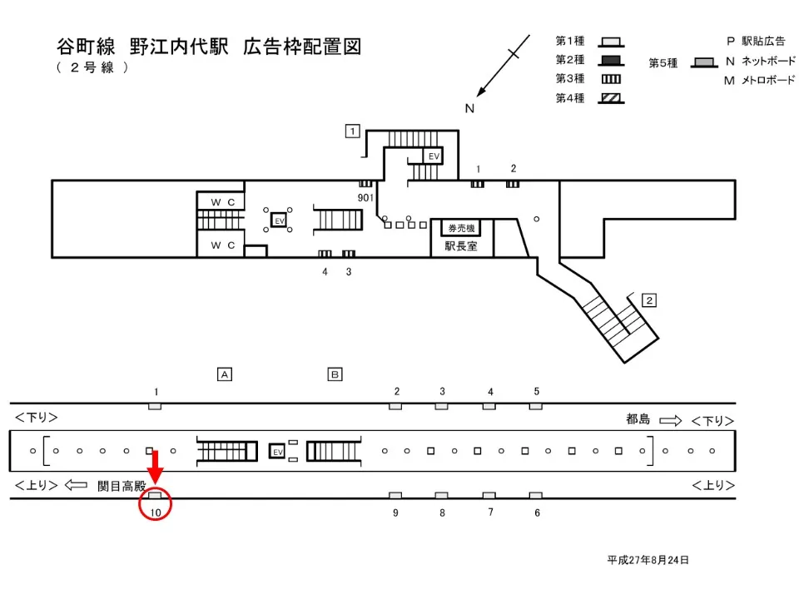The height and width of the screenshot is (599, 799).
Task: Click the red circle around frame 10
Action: click(155, 505)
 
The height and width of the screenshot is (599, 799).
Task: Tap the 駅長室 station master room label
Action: click(461, 246)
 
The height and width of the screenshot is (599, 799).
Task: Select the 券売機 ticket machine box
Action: click(461, 228)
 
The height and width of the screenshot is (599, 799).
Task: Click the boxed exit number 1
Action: click(353, 131)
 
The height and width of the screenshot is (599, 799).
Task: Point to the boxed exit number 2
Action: click(650, 299)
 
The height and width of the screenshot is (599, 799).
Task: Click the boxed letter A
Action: click(224, 374)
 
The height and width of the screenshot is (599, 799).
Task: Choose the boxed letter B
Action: click(335, 374)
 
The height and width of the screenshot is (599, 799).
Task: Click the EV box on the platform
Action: click(279, 451)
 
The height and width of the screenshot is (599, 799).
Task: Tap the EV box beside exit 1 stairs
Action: click(434, 156)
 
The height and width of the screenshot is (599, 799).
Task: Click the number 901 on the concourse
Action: click(365, 197)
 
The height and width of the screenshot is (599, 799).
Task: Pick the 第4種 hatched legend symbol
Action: click(612, 98)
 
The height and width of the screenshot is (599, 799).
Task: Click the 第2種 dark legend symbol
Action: click(612, 60)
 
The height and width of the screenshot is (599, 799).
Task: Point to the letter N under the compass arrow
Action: click(469, 108)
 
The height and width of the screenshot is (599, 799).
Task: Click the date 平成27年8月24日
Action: click(648, 560)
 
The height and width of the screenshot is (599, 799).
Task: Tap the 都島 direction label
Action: click(638, 420)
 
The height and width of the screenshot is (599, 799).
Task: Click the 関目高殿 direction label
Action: click(122, 485)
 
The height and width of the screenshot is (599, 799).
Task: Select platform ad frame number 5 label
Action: click(537, 391)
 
